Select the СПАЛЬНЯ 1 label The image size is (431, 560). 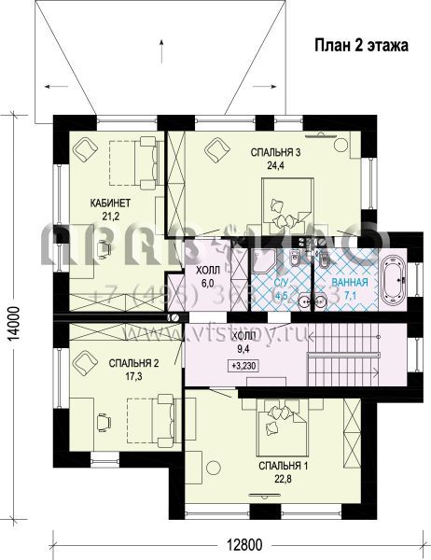coord(284,465)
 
